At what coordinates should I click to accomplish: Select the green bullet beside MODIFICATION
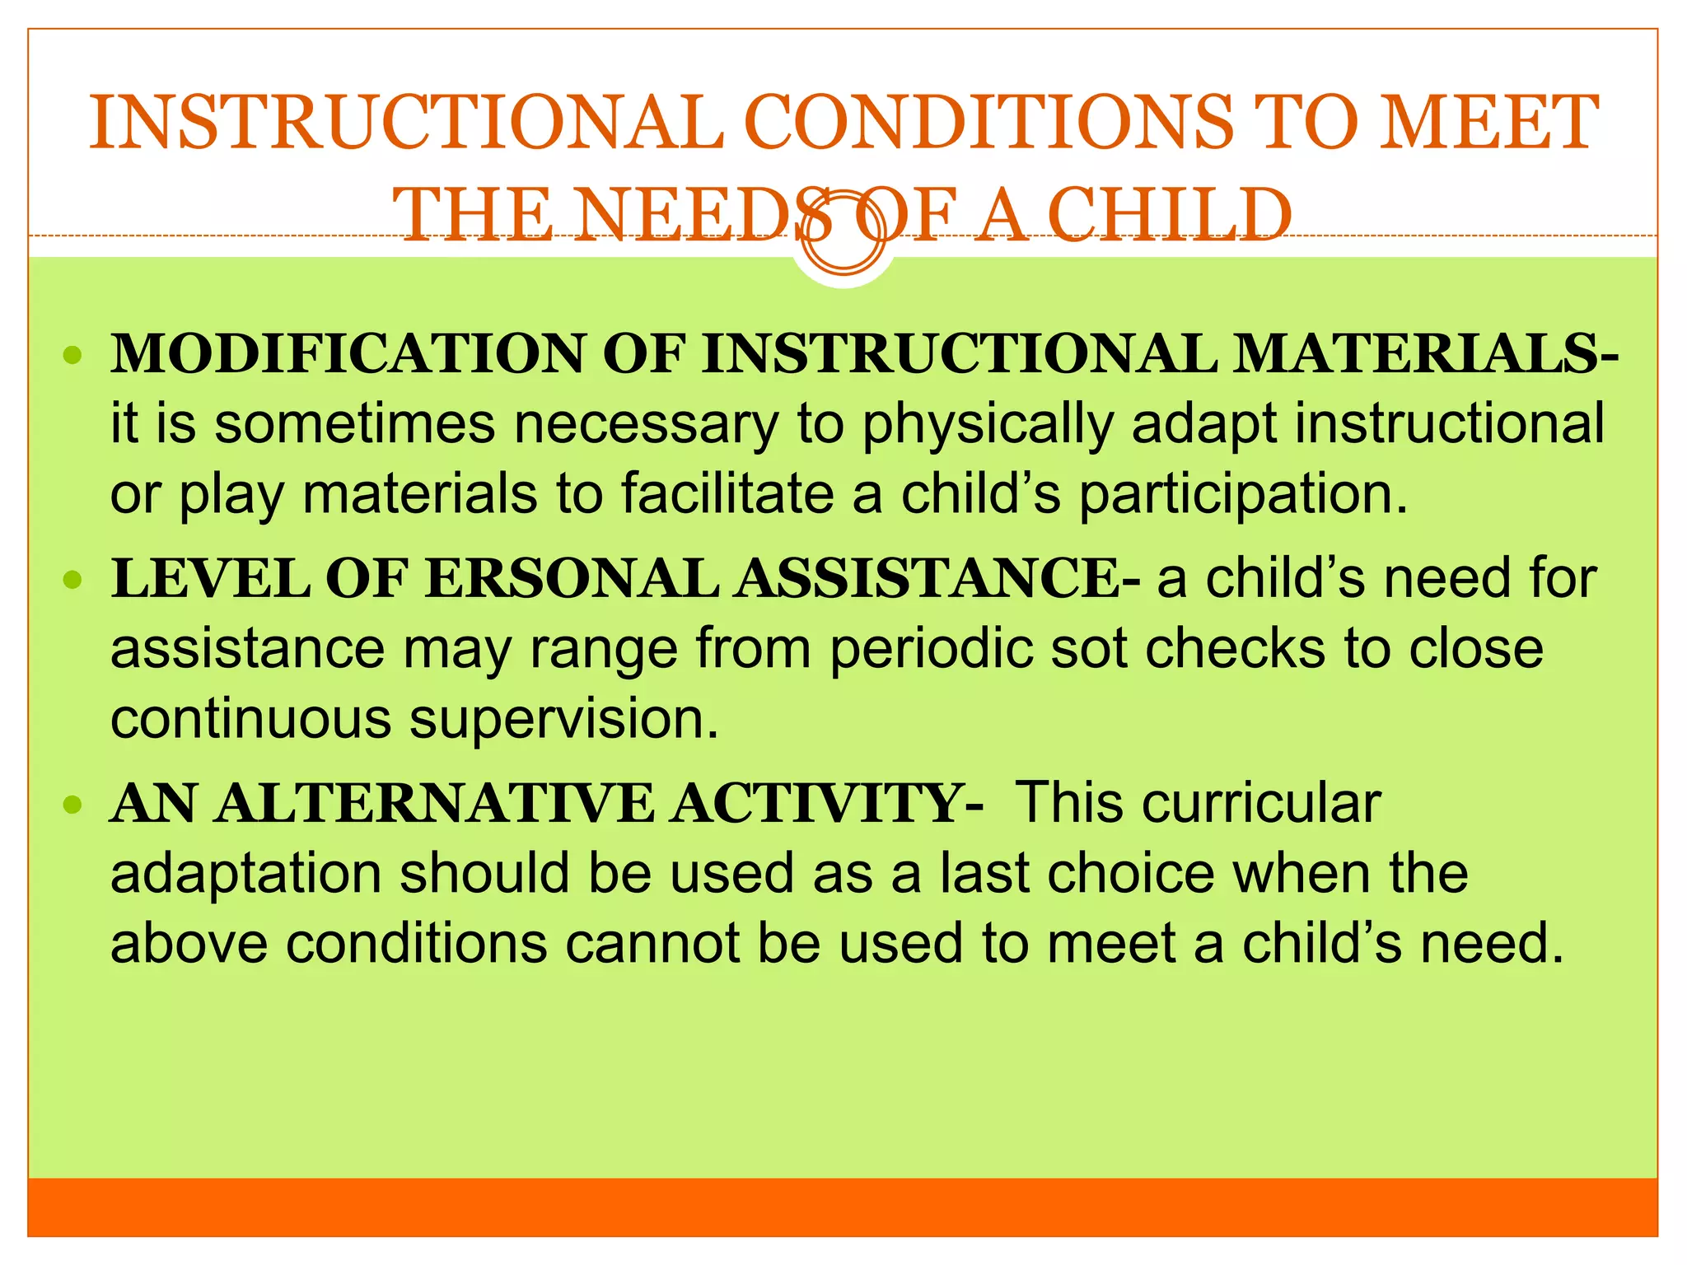tap(73, 356)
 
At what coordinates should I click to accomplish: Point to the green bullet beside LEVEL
tap(73, 580)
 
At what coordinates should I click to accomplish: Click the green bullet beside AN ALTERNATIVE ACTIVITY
tap(73, 804)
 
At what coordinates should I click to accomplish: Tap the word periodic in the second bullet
tap(931, 649)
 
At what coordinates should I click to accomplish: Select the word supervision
tap(564, 719)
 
